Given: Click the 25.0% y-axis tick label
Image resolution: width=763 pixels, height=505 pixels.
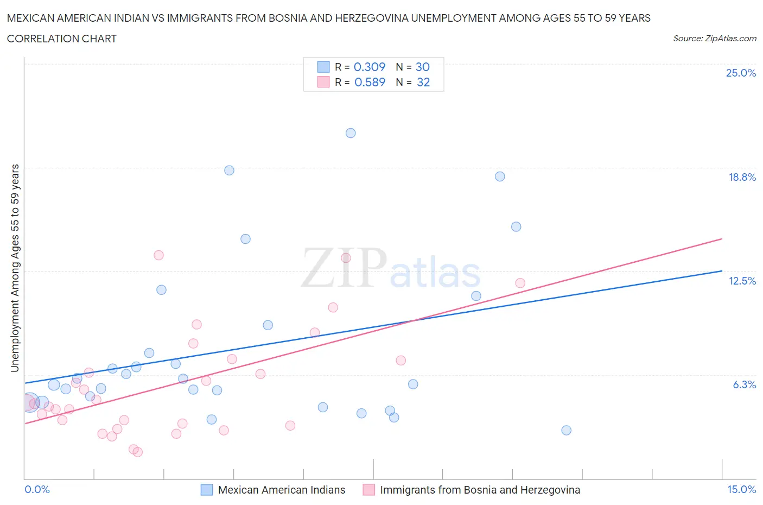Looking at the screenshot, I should (x=741, y=73).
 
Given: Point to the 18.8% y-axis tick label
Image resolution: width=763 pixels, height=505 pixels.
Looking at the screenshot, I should (x=742, y=177).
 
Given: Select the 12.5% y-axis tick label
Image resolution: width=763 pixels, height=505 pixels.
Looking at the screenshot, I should (x=742, y=281).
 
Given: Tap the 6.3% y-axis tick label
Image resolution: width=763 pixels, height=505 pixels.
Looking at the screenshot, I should (x=744, y=384).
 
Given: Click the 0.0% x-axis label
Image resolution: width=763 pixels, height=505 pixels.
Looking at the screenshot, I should (x=37, y=489).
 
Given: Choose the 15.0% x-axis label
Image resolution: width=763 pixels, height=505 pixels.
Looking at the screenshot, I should (x=741, y=489).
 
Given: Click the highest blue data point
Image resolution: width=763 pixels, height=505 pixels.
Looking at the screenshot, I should (x=351, y=133).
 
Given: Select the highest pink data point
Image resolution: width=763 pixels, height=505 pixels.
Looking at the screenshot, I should (x=158, y=255).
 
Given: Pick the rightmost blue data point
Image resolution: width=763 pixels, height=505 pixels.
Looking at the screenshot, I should (x=566, y=430).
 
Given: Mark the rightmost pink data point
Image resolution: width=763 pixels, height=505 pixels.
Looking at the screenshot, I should (x=520, y=283).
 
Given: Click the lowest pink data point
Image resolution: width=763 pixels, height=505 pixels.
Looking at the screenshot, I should (x=138, y=452).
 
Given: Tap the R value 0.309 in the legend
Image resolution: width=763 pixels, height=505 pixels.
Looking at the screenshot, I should (x=369, y=67).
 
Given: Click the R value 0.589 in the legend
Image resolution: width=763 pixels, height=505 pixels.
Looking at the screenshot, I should (x=370, y=82).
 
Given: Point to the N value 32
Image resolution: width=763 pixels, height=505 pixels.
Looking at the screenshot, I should (x=423, y=82).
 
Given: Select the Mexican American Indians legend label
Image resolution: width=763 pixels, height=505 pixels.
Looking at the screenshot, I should (x=281, y=490).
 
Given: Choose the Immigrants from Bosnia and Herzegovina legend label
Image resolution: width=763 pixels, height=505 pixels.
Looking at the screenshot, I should (x=480, y=490).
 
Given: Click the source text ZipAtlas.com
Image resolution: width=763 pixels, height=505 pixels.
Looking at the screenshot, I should (x=714, y=38).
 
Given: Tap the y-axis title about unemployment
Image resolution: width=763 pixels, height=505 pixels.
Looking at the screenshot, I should (x=15, y=268).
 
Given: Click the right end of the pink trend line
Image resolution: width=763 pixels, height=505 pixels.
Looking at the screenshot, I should (x=722, y=238).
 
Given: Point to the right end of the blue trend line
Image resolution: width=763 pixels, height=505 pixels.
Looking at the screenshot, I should (x=722, y=270).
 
